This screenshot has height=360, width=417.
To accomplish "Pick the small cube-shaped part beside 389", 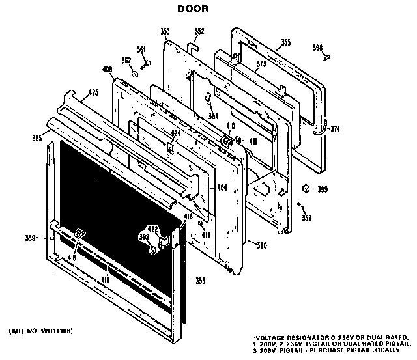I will pos(304,189).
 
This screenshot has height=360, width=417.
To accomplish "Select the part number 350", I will pos(165,31).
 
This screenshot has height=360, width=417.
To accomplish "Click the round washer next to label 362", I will pos(134,73).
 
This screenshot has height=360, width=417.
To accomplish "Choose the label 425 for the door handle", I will pos(94,93).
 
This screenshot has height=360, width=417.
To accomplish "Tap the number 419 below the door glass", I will pos(105,281).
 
